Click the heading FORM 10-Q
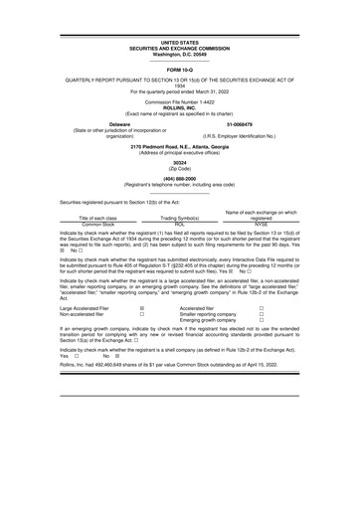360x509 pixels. coord(180,71)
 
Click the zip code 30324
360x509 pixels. coord(180,161)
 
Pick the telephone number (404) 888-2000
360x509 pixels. coord(180,180)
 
